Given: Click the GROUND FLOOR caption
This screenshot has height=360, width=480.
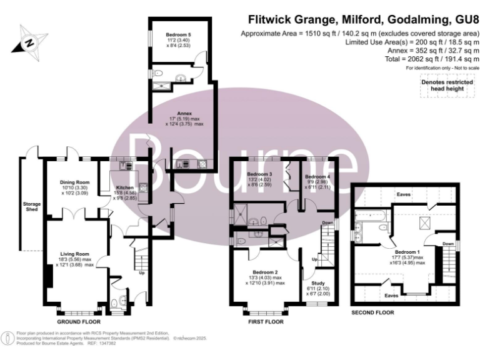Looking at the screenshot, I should tap(79, 322).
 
